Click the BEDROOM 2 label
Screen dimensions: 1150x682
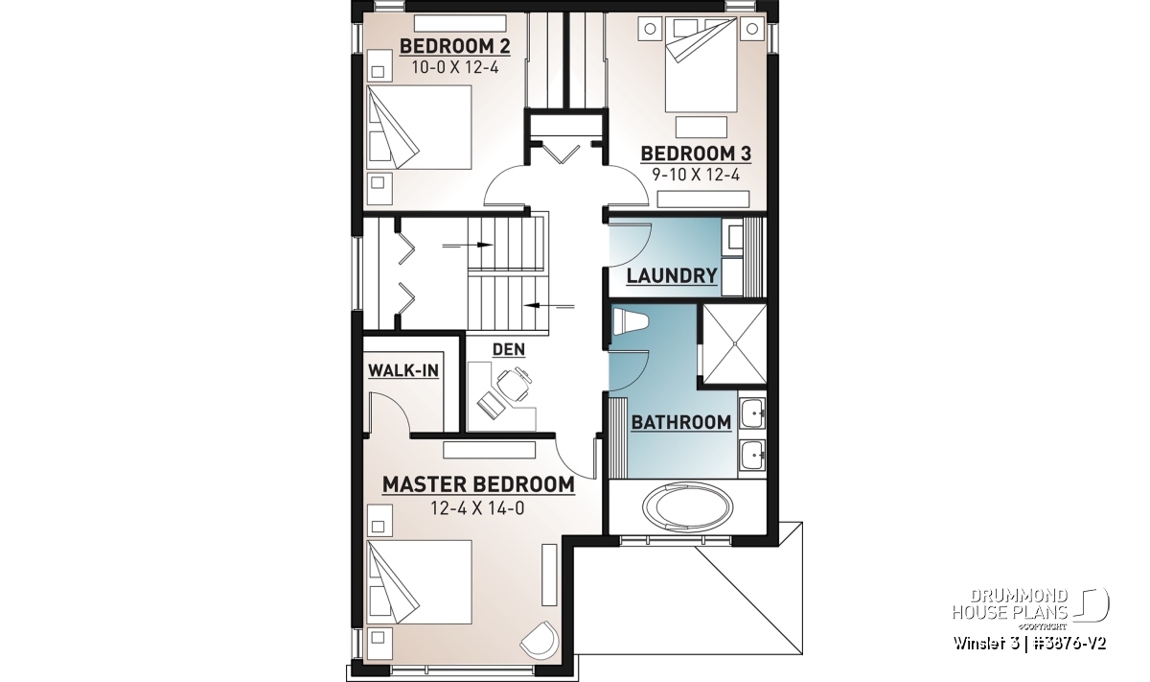455,46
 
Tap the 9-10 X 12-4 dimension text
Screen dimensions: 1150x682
696,176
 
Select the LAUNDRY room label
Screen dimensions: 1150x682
672,276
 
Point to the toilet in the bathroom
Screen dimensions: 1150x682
631,321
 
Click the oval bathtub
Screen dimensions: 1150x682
687,506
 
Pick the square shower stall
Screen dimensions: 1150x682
735,343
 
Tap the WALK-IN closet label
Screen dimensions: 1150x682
403,370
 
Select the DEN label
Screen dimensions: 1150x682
508,349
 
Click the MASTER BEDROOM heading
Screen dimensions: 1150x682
478,484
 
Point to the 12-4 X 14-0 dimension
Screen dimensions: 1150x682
477,508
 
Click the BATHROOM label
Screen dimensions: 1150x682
681,422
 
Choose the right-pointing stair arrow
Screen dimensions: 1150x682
468,246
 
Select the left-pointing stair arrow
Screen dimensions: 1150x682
548,306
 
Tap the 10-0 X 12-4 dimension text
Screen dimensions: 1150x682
455,68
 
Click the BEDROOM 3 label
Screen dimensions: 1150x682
696,153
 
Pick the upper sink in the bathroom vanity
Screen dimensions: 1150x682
752,412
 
